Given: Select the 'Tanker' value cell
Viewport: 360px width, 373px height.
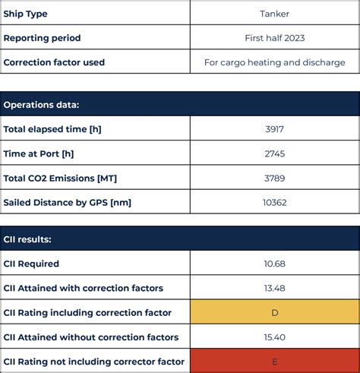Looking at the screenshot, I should tap(274, 14).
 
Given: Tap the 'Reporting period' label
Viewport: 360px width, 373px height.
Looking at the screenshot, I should tap(42, 38).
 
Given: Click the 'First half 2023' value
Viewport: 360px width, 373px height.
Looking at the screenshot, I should tap(274, 38).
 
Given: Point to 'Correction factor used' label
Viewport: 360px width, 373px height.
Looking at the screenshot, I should tap(54, 62).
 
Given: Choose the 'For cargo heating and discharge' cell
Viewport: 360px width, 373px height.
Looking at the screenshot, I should tap(274, 62).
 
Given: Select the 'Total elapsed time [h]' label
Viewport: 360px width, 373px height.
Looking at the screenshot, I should tap(52, 129).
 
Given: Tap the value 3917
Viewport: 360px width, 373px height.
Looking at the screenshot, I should tap(274, 129).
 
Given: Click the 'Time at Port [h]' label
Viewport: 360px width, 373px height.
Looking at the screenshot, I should tap(39, 153).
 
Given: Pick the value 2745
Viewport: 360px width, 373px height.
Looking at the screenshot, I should tap(274, 153).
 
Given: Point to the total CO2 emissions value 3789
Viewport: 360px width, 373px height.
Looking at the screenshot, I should tap(274, 178).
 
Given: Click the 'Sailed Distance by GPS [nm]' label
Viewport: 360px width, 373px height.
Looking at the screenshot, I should tap(67, 202).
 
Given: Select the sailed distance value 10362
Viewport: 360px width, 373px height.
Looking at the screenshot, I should tap(274, 202).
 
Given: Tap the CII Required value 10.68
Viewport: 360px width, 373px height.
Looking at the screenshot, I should tap(274, 264).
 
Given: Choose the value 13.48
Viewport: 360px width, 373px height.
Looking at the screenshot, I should tap(274, 288).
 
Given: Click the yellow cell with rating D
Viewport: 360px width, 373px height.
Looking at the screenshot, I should tap(274, 312).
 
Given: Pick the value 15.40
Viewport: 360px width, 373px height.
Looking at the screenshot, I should tap(274, 337).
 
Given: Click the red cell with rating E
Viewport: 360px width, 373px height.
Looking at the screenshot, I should tap(274, 361).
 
